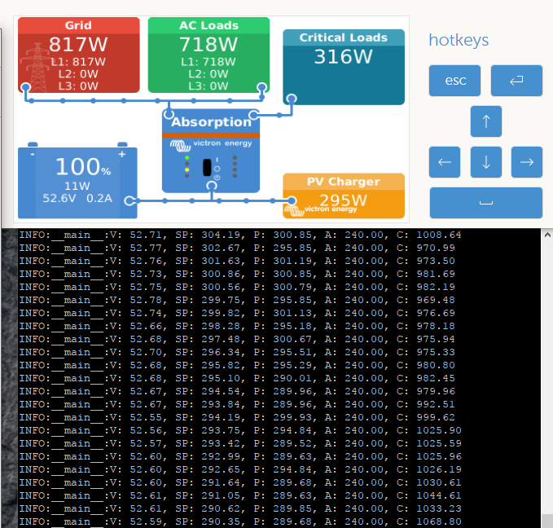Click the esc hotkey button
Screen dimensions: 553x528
(454, 81)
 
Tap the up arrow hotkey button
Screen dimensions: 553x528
(486, 121)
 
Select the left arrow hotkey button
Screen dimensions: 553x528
(445, 162)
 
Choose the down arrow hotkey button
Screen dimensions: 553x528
(486, 162)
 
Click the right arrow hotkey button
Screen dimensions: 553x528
(527, 162)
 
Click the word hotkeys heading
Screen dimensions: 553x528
(459, 40)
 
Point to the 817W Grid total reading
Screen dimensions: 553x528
(78, 45)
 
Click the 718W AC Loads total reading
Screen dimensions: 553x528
(208, 45)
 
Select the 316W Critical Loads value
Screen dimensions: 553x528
(343, 56)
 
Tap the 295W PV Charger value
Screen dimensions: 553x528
(343, 200)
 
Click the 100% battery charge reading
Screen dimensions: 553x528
(83, 166)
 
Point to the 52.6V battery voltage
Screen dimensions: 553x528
(59, 198)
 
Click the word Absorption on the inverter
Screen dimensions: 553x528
(211, 122)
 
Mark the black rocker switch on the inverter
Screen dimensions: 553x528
(207, 167)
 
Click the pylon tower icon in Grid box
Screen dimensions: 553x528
(37, 67)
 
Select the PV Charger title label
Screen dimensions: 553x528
(343, 182)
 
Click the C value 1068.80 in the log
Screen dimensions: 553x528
(439, 521)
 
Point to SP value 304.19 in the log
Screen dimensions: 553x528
(221, 235)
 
